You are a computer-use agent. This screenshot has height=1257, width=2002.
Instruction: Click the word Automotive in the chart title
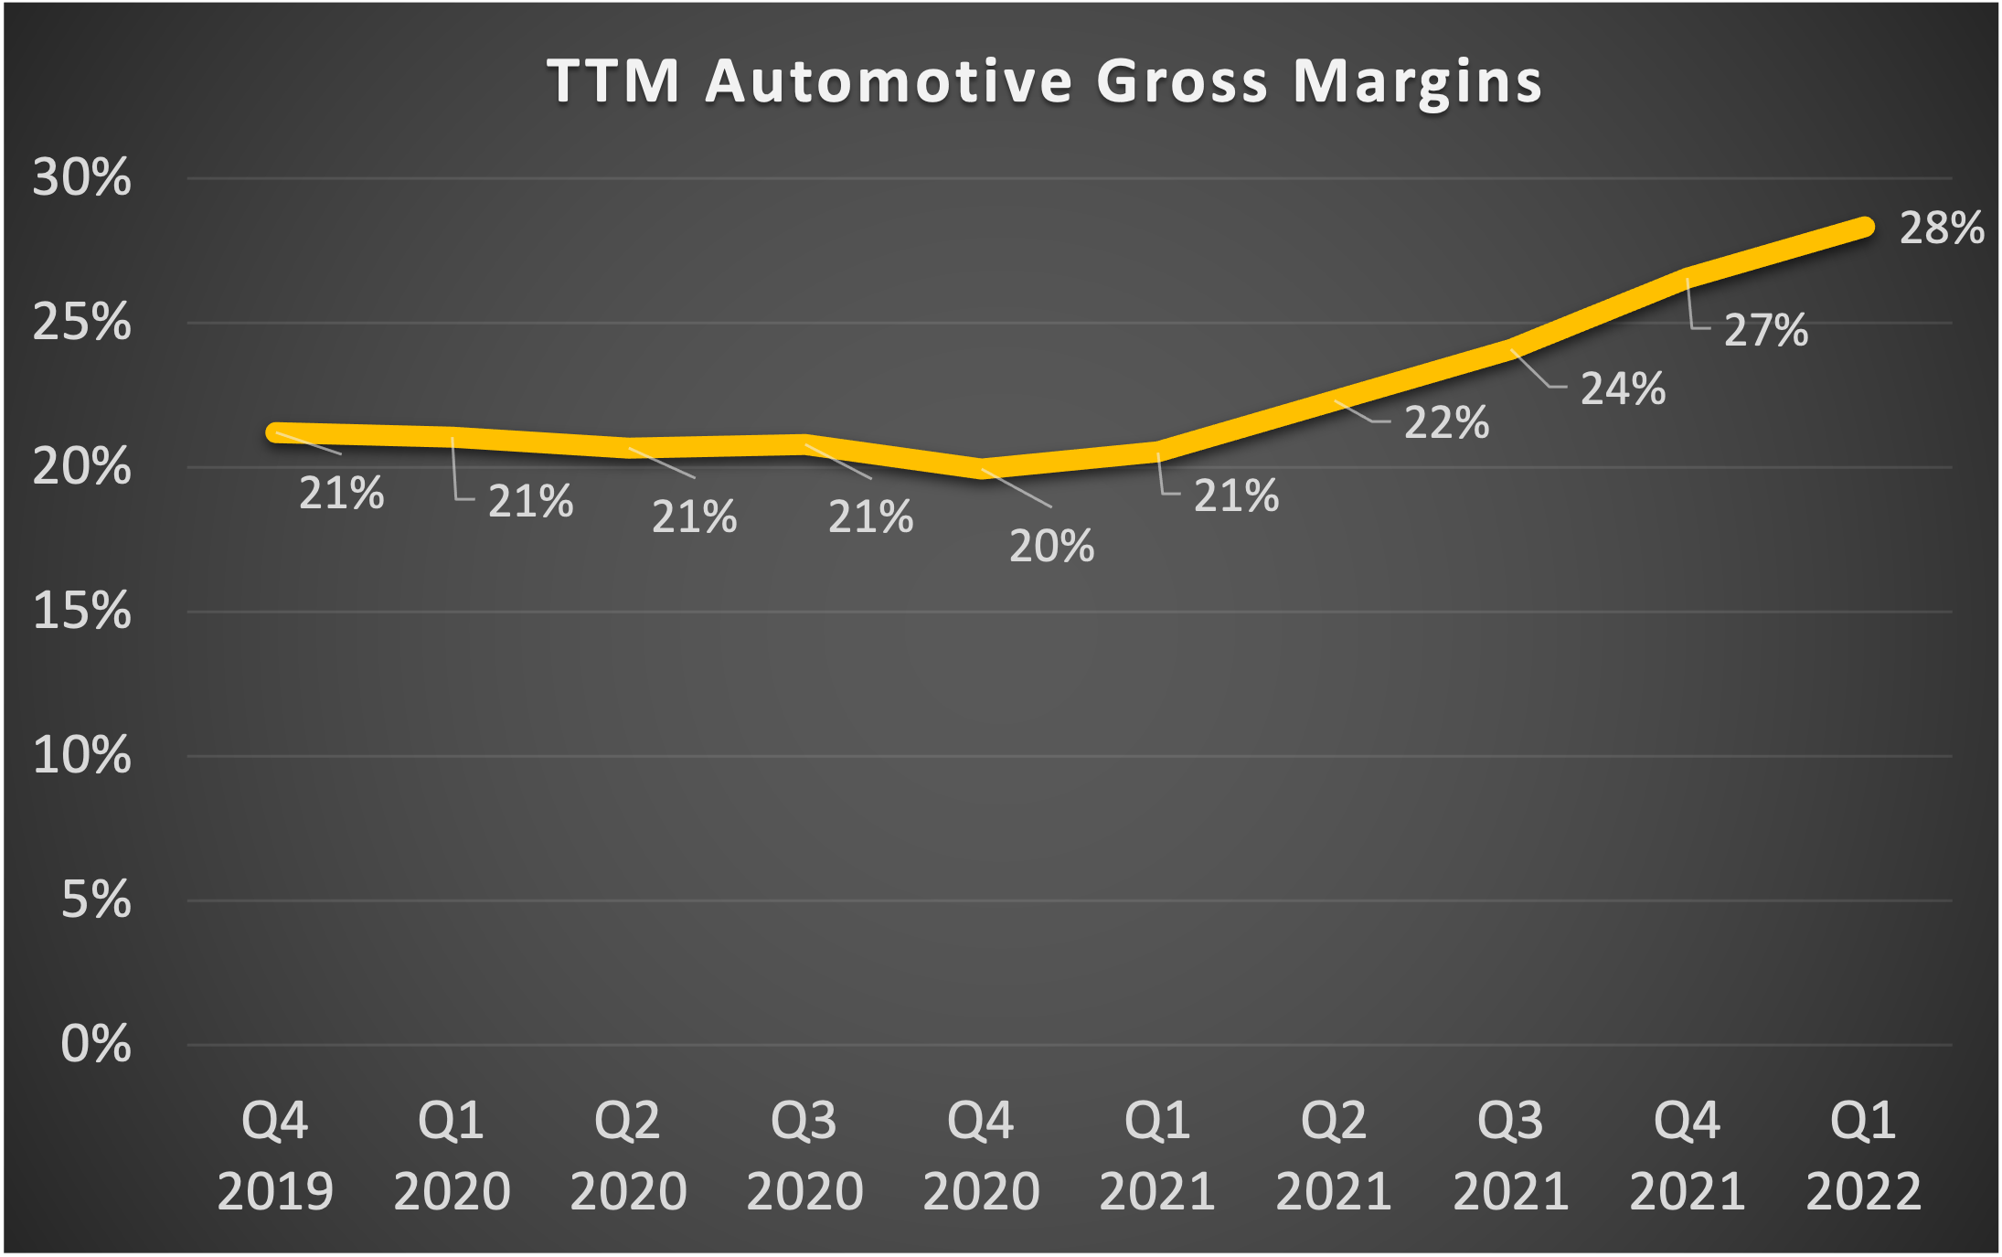(889, 81)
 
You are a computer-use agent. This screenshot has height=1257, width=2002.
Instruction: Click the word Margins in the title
(1417, 83)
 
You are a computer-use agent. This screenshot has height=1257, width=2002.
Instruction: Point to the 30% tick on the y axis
(81, 177)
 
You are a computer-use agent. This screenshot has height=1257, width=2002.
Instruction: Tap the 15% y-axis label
(81, 611)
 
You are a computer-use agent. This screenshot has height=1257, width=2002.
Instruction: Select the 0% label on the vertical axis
(95, 1044)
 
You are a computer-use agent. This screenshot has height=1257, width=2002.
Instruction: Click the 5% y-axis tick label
(95, 900)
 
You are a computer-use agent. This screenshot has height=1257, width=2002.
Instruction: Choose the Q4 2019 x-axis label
(275, 1156)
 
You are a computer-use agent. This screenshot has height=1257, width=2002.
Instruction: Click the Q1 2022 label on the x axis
(1863, 1156)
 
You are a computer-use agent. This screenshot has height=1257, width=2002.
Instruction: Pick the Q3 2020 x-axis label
(804, 1156)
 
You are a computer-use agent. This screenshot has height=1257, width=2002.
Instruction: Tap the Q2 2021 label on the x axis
(1334, 1156)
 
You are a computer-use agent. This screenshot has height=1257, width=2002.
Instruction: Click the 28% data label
(1942, 229)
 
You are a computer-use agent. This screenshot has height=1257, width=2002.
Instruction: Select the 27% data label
(1765, 331)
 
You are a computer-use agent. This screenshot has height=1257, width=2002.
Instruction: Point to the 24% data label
(1623, 389)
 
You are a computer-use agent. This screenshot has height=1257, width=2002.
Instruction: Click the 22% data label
(1446, 423)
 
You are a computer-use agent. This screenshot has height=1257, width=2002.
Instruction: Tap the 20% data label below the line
(1051, 547)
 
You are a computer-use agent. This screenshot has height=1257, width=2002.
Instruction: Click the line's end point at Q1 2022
(1863, 228)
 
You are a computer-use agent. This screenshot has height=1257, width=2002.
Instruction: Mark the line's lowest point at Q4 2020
(981, 468)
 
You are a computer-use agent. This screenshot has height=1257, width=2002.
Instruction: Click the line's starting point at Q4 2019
(276, 432)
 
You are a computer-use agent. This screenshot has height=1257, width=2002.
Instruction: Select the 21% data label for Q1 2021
(1236, 496)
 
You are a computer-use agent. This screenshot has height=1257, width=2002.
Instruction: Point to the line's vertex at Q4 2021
(1687, 277)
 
